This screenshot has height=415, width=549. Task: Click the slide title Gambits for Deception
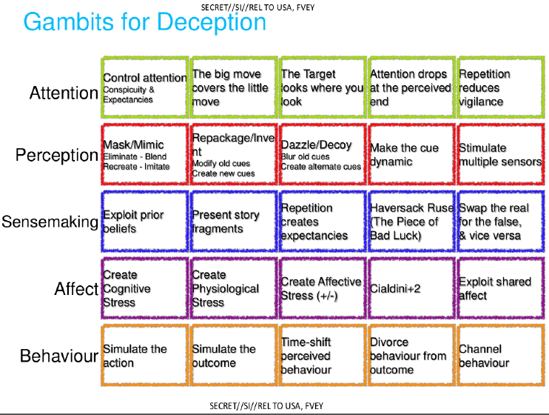point(144,22)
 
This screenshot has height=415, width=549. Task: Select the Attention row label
point(64,93)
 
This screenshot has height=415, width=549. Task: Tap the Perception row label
point(57,155)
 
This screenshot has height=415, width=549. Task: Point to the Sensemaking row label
point(50,222)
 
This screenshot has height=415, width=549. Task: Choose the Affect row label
point(76,289)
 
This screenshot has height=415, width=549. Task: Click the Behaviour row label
point(59,356)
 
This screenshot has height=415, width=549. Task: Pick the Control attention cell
point(145,87)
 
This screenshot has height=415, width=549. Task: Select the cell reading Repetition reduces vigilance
point(501,87)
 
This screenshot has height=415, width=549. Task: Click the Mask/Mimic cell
point(145,154)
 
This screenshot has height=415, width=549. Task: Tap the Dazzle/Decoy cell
point(323,154)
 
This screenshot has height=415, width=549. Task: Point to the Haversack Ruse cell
point(411,222)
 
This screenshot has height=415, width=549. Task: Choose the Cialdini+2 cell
point(411,288)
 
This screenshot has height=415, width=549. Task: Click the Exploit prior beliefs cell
point(145,222)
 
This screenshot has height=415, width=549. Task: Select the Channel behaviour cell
point(501,356)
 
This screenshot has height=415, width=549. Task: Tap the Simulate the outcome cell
point(234,356)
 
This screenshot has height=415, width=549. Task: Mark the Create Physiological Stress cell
point(234,288)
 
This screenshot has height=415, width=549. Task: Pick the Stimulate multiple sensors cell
point(501,154)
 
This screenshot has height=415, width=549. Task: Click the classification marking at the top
point(257,7)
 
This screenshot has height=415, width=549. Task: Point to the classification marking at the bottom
point(266,406)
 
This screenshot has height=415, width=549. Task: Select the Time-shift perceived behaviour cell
point(323,356)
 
